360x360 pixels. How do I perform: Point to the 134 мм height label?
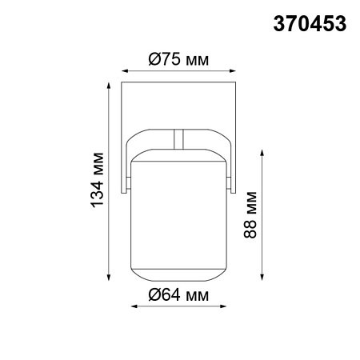[x=97, y=180]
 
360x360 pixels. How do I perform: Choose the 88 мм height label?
[x=253, y=213]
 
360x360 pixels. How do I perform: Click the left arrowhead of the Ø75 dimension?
[x=125, y=70]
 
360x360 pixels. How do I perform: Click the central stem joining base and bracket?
[x=179, y=138]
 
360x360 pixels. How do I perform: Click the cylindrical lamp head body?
[x=178, y=216]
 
